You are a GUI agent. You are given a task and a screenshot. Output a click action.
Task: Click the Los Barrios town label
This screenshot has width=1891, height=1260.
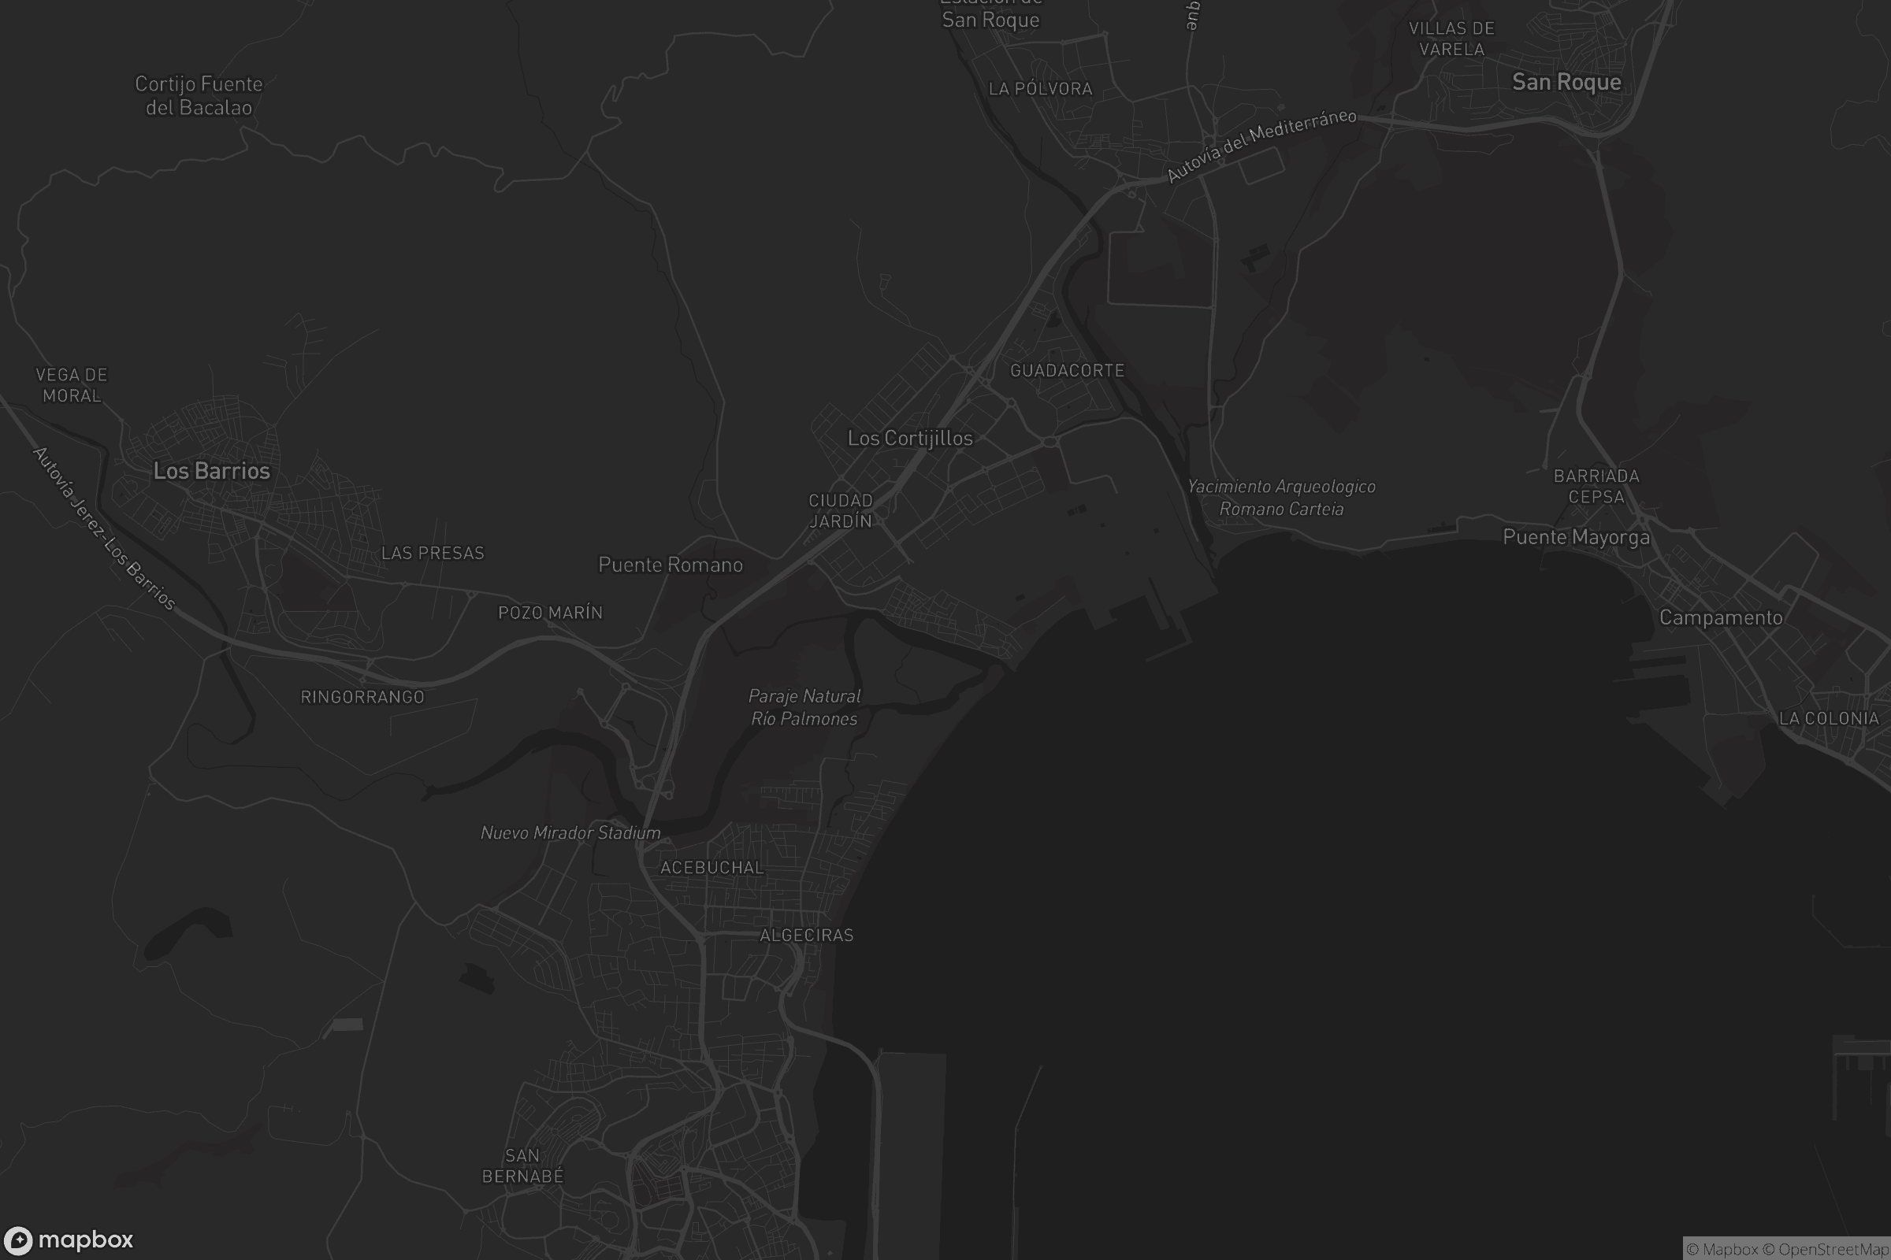click(211, 471)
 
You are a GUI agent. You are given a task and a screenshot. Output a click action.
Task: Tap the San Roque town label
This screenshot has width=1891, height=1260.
click(1566, 82)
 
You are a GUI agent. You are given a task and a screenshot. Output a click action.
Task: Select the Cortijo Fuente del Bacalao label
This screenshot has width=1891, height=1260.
click(199, 95)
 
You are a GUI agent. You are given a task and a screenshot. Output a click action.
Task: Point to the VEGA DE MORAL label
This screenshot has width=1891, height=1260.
click(72, 385)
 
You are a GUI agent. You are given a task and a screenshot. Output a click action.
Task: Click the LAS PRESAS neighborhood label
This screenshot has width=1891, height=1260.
click(433, 553)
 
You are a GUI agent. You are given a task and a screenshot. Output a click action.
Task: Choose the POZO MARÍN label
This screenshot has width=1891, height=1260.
click(550, 613)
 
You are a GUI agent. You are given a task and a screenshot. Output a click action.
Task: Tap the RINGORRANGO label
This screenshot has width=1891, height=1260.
click(362, 697)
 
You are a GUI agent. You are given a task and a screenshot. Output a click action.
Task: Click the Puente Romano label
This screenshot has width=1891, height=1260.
click(670, 565)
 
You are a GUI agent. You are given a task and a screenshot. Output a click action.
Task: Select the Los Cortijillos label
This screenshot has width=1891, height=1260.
click(910, 438)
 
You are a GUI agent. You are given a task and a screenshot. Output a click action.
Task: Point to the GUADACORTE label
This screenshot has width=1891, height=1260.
click(1067, 370)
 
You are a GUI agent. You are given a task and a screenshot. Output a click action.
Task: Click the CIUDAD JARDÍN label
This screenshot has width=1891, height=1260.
click(840, 511)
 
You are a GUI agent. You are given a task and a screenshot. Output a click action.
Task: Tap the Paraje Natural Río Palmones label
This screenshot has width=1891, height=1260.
click(804, 707)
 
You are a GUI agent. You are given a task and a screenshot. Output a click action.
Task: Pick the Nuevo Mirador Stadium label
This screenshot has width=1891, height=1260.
click(570, 832)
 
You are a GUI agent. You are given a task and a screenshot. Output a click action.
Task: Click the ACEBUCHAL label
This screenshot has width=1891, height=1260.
click(711, 867)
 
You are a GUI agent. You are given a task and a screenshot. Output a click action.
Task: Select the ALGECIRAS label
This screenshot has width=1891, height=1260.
click(806, 935)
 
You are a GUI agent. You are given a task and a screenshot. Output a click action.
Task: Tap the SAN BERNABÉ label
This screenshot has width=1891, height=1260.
click(522, 1166)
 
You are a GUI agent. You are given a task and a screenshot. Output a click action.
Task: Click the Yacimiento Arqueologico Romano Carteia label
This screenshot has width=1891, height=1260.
click(1282, 498)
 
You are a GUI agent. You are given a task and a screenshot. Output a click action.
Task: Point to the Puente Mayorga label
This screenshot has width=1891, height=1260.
click(1576, 537)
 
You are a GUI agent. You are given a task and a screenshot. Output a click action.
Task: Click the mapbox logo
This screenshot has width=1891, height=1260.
click(69, 1240)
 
